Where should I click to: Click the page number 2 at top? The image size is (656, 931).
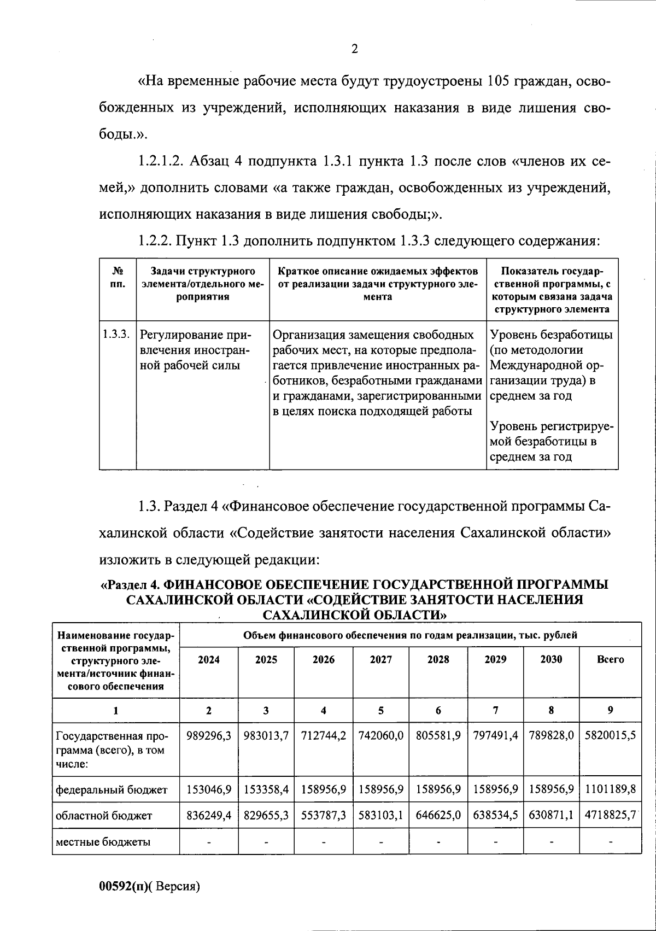coord(354,50)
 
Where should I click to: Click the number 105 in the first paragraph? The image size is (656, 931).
coord(497,82)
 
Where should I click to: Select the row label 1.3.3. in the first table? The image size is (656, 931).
coord(116,334)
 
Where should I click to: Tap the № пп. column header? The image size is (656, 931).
coord(117,278)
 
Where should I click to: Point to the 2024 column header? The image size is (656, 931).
coord(209,660)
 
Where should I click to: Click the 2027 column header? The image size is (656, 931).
coord(381,660)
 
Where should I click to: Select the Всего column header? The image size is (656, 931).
coord(610,660)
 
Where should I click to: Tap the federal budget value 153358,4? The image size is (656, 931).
coord(266,789)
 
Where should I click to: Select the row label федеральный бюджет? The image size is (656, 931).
coord(112,789)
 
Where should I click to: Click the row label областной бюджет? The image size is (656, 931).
coord(104,816)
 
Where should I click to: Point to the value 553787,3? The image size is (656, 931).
coord(324,816)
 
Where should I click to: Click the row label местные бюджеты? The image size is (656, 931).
coord(103,842)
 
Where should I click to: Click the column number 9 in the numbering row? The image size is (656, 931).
coord(610,711)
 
